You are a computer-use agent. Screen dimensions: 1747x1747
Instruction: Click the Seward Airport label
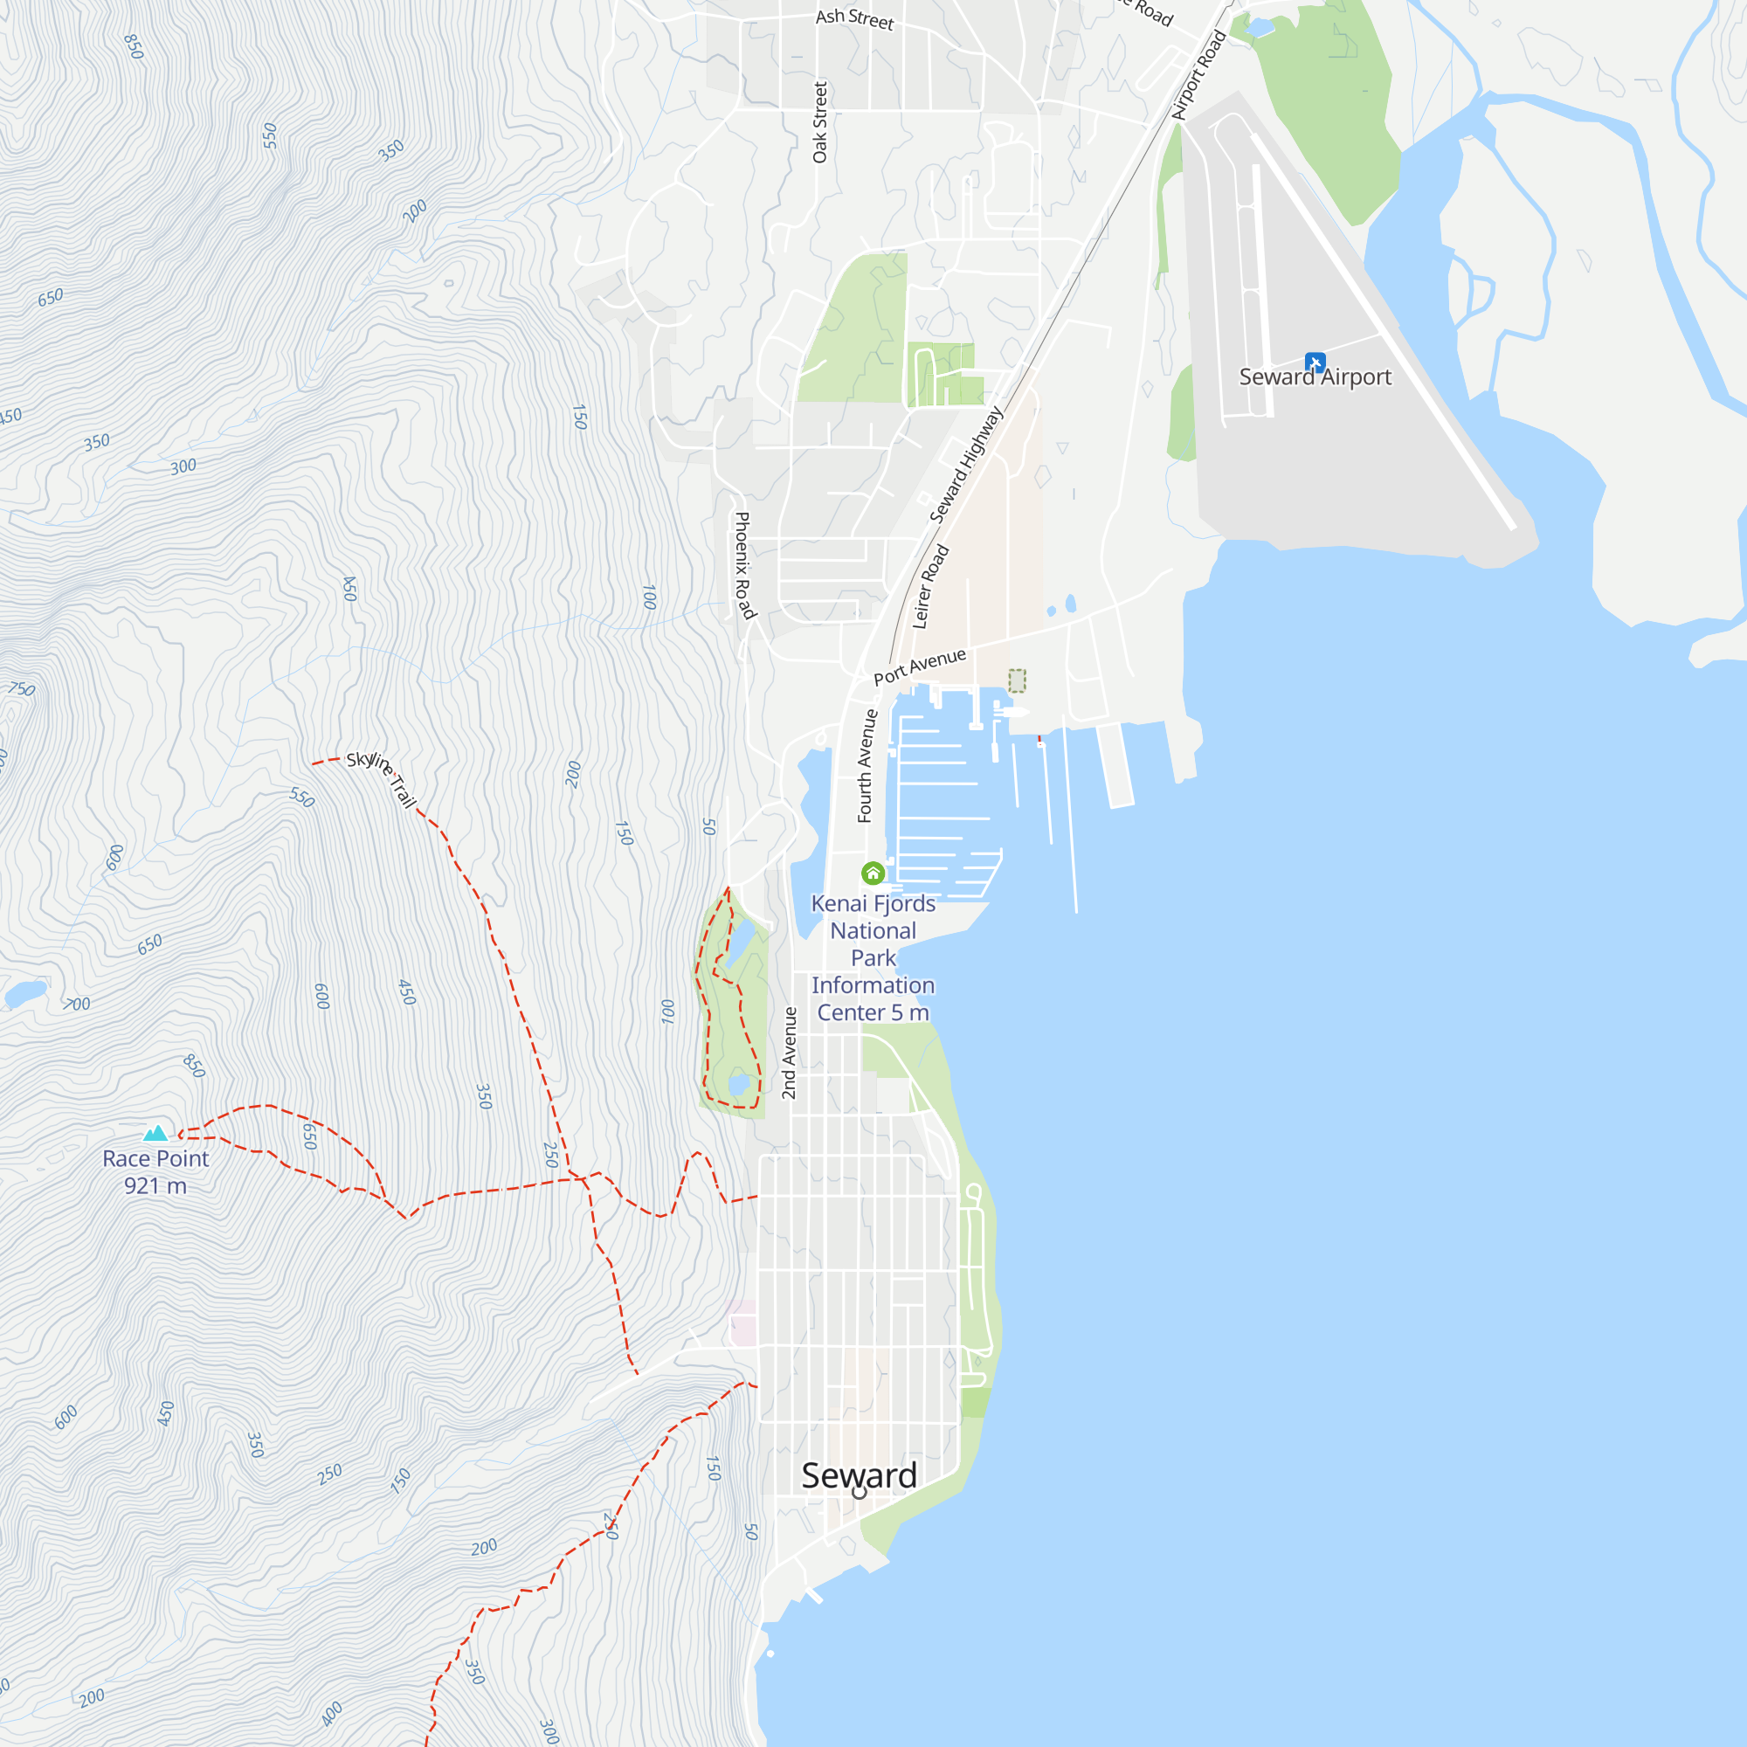(1315, 377)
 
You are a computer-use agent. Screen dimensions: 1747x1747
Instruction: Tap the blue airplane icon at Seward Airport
(1315, 362)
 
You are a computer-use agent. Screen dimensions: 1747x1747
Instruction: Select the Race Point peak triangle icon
(155, 1133)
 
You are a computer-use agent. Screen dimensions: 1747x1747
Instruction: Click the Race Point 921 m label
(155, 1172)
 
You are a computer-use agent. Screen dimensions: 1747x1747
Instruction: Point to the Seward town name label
(859, 1474)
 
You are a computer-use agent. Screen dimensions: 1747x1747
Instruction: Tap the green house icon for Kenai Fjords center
(873, 873)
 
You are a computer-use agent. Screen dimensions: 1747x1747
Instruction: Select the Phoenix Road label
(743, 565)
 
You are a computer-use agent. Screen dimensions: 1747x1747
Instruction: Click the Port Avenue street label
(920, 666)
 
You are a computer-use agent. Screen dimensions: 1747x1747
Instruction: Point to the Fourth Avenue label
(866, 766)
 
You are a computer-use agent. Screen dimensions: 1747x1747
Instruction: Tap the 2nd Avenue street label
(790, 1053)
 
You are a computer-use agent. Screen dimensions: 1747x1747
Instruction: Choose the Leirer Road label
(930, 586)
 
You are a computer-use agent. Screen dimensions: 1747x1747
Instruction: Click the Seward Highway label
(967, 465)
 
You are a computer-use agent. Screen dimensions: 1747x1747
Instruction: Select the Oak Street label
(820, 122)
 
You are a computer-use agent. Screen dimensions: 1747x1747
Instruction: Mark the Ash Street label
(854, 19)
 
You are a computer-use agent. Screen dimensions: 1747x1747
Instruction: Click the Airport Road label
(1199, 74)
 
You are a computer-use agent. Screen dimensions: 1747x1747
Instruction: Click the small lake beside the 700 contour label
(26, 994)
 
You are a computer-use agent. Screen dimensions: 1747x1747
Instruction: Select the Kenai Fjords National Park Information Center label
(873, 957)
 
